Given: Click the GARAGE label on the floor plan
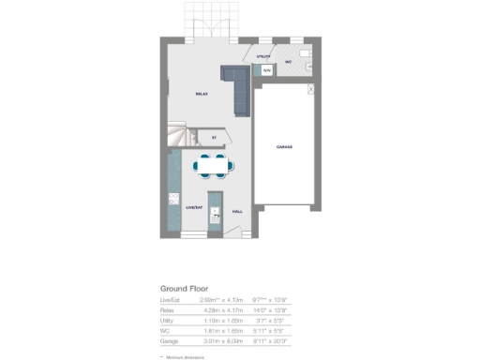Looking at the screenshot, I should click(x=284, y=147).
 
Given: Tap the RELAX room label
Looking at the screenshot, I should click(x=201, y=95).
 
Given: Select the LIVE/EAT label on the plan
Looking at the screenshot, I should click(x=194, y=208).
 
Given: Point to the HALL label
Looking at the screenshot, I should click(x=237, y=212).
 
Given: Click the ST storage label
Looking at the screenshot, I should click(x=214, y=138).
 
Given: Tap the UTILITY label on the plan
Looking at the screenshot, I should click(x=262, y=57).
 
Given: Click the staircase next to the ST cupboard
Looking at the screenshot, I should click(x=180, y=137).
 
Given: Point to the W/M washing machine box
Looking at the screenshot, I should click(x=266, y=69).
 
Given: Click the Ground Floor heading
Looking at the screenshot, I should click(x=184, y=288).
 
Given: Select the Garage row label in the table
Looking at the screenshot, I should click(x=169, y=340).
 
